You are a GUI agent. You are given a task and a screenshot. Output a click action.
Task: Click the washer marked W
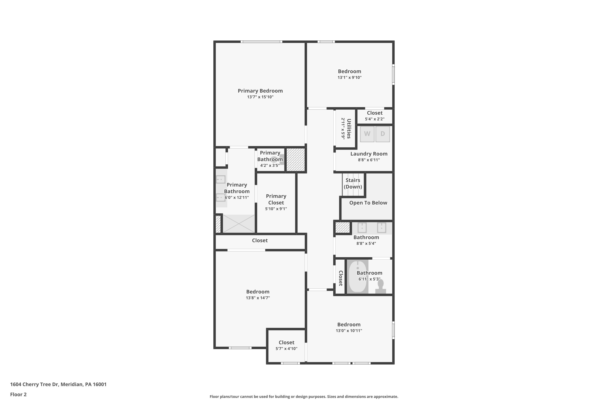coord(367,134)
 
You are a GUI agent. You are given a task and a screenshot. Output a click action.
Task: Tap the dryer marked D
coord(383,134)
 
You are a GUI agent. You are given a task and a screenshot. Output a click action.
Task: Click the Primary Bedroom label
coord(260,91)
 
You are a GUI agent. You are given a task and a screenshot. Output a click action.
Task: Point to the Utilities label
coord(349,129)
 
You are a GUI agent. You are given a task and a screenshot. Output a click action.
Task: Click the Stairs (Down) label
coord(353,183)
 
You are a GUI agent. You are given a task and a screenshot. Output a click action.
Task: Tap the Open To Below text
coord(368,203)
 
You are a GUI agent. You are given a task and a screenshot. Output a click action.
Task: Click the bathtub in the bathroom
coord(358,276)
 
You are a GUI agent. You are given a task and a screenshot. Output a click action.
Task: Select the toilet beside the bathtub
coord(381,287)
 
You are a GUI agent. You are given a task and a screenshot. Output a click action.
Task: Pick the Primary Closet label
coord(276,199)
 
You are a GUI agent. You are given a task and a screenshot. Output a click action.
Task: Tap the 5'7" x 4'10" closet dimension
coord(286,349)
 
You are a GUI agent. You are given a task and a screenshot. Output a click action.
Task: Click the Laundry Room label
coord(369,154)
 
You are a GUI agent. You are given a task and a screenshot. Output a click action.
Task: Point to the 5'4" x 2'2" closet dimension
coord(375,119)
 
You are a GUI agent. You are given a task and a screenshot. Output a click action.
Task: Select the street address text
coord(58,384)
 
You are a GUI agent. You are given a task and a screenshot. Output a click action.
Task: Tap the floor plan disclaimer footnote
coord(304,396)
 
